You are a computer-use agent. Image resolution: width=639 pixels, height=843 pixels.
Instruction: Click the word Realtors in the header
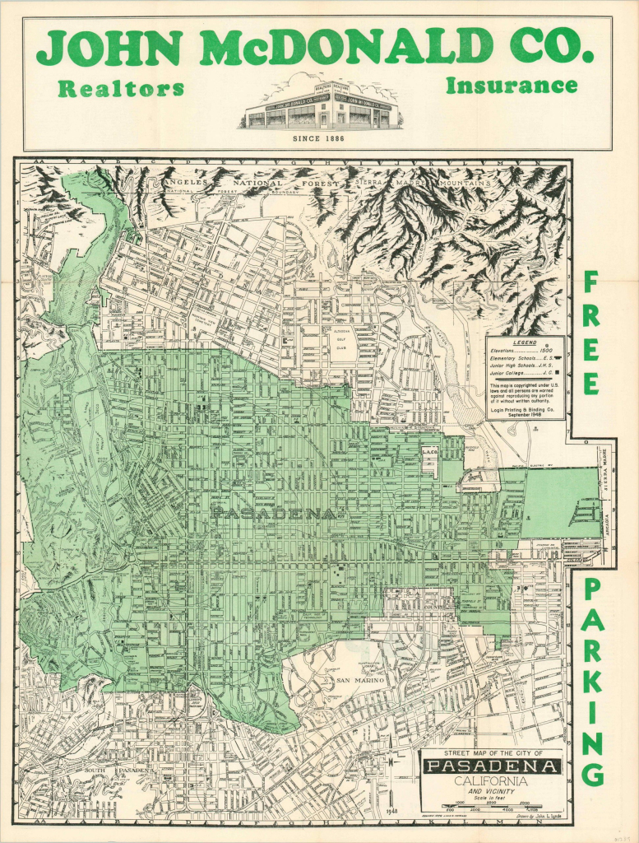tap(120, 89)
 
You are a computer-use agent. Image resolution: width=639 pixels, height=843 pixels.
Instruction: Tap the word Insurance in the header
tap(511, 85)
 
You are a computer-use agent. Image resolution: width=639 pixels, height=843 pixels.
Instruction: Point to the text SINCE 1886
tap(318, 138)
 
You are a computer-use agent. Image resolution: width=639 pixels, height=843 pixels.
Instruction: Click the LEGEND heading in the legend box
tap(524, 342)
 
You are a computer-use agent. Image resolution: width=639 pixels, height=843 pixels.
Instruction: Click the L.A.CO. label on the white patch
tap(430, 453)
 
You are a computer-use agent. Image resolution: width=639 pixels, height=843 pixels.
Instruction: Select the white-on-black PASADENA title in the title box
tap(492, 767)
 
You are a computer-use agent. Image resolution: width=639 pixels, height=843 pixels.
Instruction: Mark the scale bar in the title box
tap(492, 806)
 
